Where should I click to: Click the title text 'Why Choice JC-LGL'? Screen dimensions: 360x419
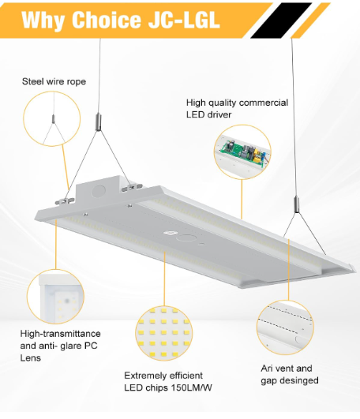121,20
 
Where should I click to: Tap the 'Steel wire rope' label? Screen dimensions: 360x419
54,81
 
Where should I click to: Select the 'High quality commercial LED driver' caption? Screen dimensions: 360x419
237,108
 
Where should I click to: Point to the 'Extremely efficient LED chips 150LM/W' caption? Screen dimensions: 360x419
168,382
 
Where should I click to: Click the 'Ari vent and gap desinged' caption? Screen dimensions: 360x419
290,374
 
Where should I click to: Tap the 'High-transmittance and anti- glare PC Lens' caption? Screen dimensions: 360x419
61,346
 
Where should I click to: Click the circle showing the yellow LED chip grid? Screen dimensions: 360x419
164,333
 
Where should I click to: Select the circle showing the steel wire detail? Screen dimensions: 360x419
52,118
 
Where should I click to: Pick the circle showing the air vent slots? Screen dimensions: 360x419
285,327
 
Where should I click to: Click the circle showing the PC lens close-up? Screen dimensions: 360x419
55,297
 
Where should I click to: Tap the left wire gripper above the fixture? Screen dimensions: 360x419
99,122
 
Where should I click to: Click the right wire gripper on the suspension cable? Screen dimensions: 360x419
297,204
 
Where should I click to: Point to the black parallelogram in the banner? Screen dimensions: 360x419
281,21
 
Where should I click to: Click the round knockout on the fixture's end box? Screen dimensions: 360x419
99,191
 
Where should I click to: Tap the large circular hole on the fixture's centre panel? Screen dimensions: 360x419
187,238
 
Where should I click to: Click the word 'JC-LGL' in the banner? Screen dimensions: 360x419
184,20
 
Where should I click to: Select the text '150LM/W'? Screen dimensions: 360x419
192,387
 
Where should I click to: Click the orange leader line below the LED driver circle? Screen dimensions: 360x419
242,199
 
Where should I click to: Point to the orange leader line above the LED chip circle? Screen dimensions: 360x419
164,279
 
